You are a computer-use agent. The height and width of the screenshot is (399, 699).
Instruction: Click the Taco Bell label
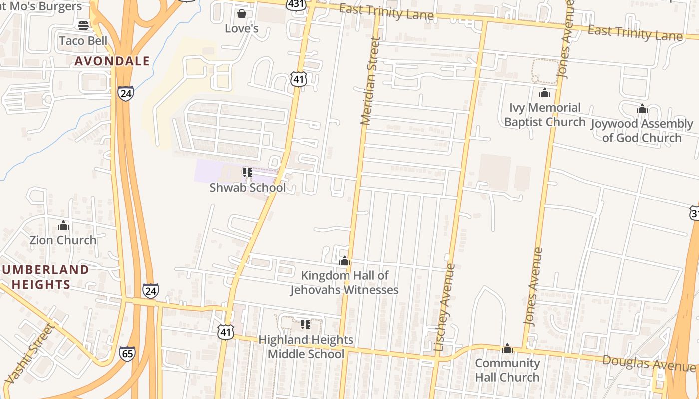pos(83,40)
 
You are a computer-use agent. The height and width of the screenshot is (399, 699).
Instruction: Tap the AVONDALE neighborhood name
pos(112,61)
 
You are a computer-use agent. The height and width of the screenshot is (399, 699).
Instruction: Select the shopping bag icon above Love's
pos(242,13)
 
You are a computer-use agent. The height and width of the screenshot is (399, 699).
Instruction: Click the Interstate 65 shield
pos(127,354)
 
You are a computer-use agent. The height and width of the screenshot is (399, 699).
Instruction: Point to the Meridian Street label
pos(370,81)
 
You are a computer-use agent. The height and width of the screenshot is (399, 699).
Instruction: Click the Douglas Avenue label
pos(649,363)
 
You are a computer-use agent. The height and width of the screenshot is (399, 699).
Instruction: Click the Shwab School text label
pos(248,188)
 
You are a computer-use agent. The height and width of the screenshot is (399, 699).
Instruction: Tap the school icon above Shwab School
pos(247,173)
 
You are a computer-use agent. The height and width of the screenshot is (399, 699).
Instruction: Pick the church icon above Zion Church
pos(63,226)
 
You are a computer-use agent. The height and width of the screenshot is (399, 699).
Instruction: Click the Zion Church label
pos(63,240)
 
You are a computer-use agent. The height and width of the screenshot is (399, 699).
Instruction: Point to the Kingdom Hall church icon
pos(344,261)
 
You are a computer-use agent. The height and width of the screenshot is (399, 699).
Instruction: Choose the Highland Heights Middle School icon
pos(306,325)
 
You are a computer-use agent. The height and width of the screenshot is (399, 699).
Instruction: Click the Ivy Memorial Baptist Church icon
pos(544,93)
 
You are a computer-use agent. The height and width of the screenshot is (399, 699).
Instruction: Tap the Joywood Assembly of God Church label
pos(642,131)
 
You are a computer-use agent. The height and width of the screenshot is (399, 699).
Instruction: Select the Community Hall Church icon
pos(507,348)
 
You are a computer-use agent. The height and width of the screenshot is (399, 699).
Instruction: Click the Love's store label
pos(242,28)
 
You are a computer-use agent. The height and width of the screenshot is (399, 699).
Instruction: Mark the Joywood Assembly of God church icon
pos(642,109)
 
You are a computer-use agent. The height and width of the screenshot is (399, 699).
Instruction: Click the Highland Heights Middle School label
pos(306,347)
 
